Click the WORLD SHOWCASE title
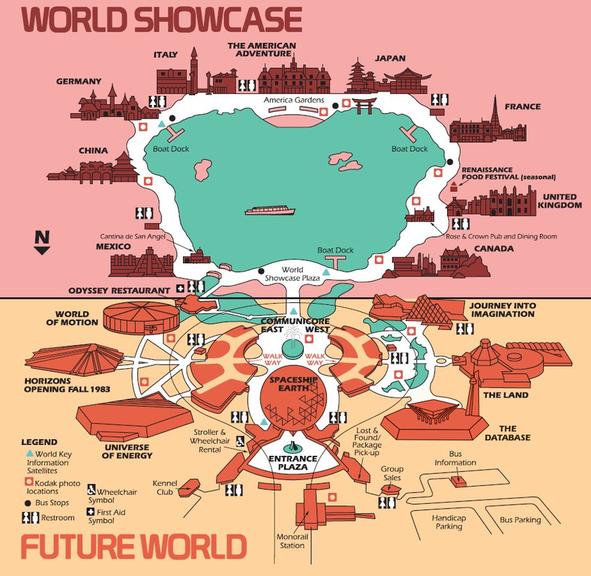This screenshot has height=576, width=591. (162, 19)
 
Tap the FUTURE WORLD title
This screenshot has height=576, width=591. (133, 547)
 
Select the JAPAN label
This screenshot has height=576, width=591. (390, 58)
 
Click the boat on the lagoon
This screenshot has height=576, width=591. (270, 211)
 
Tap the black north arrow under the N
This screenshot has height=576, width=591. (43, 250)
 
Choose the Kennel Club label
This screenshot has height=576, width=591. (164, 487)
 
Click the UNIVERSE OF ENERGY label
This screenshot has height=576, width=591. (125, 451)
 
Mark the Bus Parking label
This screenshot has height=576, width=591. (520, 520)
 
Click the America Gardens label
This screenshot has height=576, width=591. (293, 100)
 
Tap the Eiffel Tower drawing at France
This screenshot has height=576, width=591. (495, 120)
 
